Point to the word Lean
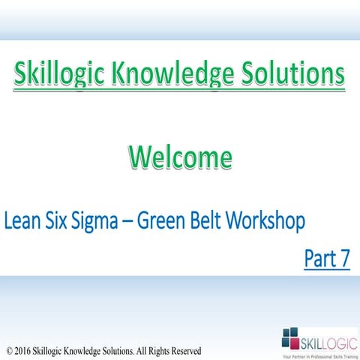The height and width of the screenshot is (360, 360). [22, 222]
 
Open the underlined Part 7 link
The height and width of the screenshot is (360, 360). [327, 259]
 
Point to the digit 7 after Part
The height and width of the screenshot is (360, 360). [345, 259]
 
